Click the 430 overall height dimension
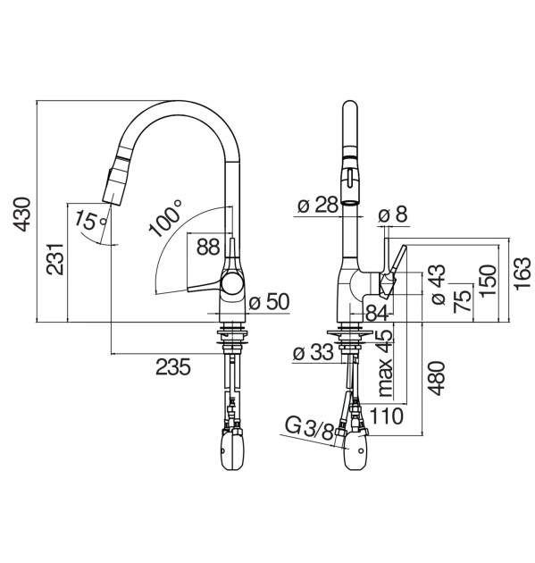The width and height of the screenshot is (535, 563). pyautogui.click(x=21, y=214)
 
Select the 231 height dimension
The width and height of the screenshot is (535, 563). pyautogui.click(x=54, y=259)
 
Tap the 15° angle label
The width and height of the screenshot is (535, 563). pyautogui.click(x=90, y=220)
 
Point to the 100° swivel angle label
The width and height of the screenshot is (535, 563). pyautogui.click(x=166, y=219)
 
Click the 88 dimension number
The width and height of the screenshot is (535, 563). pyautogui.click(x=208, y=247)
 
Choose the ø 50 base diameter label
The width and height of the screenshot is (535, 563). pyautogui.click(x=269, y=302)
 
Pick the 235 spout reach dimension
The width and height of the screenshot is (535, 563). pyautogui.click(x=173, y=367)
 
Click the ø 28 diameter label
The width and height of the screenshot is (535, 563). pyautogui.click(x=318, y=206)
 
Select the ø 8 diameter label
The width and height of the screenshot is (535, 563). pyautogui.click(x=393, y=214)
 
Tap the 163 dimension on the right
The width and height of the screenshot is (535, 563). pyautogui.click(x=522, y=273)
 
